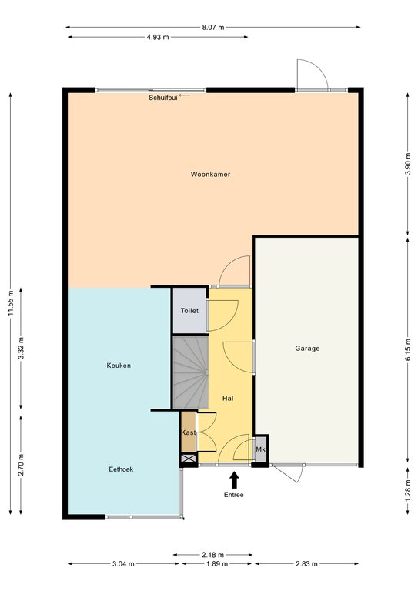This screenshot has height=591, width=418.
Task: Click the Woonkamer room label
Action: [x=210, y=174]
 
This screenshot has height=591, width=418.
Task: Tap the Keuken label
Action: [x=119, y=366]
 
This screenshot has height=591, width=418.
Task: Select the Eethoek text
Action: [x=121, y=469]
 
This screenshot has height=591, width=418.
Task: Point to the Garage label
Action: [x=307, y=349]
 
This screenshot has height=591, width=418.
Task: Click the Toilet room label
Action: [x=189, y=311]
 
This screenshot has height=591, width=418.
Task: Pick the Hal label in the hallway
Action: [x=228, y=398]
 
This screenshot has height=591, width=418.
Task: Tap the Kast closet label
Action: [x=189, y=432]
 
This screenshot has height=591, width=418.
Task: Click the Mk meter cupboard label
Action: [x=261, y=449]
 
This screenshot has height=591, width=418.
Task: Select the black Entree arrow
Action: [x=235, y=480]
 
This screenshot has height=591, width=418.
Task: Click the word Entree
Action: [x=234, y=495]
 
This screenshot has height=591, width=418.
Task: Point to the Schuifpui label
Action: [x=163, y=98]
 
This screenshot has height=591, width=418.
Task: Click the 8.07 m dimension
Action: [x=213, y=27]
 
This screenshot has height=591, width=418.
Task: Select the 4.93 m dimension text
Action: [x=158, y=37]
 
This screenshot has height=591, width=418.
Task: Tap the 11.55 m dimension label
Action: [x=11, y=303]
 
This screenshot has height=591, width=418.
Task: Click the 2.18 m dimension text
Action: [x=213, y=554]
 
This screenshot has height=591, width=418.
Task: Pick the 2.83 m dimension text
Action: [x=306, y=564]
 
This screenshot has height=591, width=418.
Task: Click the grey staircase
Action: [x=191, y=372]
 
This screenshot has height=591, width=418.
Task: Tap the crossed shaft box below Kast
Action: [x=189, y=459]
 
